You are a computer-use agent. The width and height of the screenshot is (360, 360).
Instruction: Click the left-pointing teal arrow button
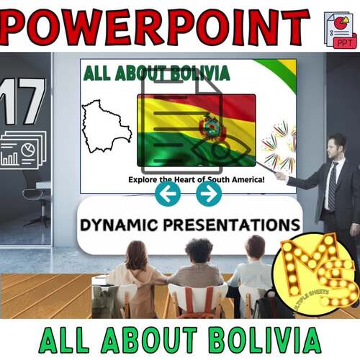coord(168,193)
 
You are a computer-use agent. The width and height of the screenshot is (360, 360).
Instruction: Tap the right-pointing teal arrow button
coord(209,193)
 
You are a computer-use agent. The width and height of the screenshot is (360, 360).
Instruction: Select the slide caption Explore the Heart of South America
coord(196,179)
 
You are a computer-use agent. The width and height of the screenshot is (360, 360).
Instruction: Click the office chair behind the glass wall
coord(35,189)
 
